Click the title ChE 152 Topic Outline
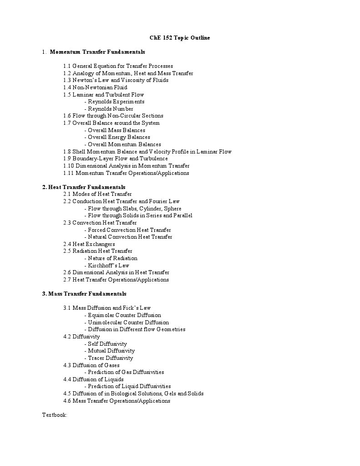(180, 38)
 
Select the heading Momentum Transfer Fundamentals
(97, 52)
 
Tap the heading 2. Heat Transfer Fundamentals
(84, 187)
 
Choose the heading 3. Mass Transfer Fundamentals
(84, 294)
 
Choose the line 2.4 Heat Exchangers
(89, 244)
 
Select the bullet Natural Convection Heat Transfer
(130, 237)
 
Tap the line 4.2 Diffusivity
(81, 337)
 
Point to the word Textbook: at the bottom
(55, 415)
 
